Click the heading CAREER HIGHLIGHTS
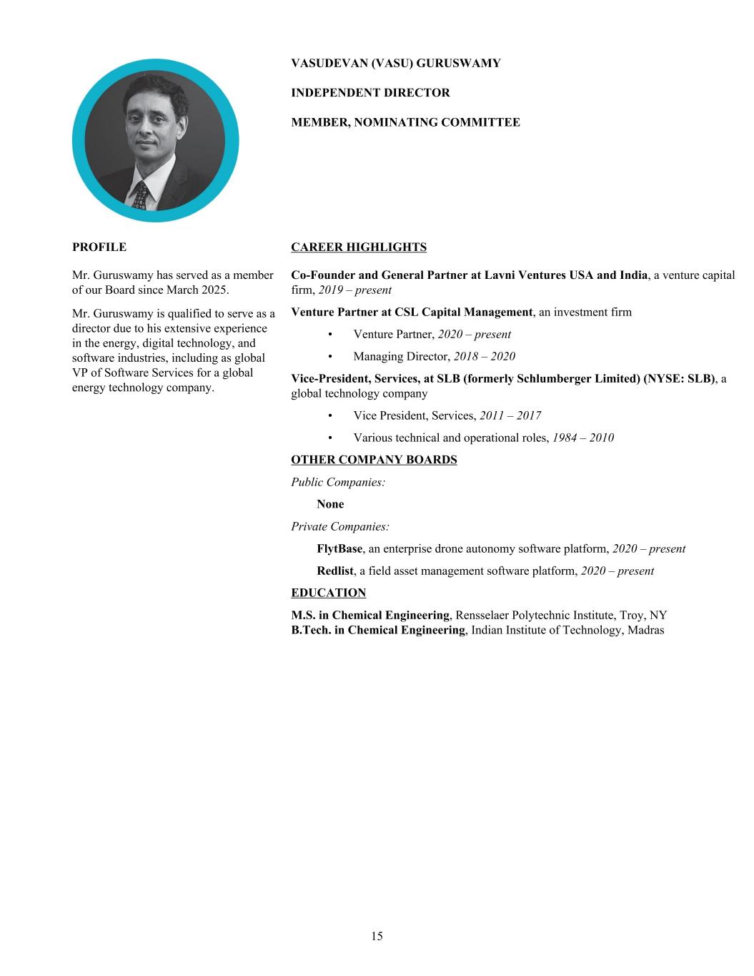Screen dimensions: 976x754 358,247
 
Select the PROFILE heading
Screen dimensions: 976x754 99,247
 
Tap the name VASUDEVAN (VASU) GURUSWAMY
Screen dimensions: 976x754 395,63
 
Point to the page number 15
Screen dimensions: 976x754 377,936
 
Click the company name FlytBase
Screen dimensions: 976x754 339,549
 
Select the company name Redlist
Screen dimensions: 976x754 335,571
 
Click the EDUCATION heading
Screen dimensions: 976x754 328,593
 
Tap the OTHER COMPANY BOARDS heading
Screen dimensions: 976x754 374,460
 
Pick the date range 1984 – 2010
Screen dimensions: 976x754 582,438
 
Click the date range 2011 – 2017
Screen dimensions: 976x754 510,415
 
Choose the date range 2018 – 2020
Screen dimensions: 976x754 484,356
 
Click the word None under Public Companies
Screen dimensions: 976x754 330,504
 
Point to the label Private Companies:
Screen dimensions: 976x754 340,527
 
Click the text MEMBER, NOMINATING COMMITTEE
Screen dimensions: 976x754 405,122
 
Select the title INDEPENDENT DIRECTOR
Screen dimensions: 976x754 370,93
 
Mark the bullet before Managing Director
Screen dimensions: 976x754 330,356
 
